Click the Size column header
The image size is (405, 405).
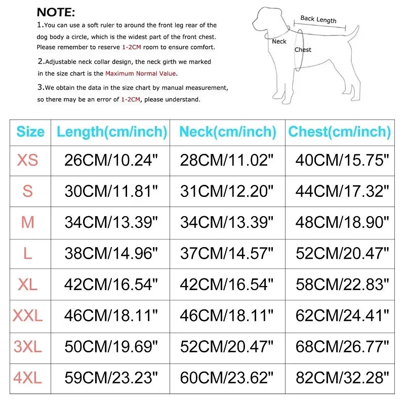point(30,132)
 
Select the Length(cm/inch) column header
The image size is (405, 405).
point(112,132)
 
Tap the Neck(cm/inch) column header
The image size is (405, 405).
point(228,132)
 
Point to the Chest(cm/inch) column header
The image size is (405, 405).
point(340,132)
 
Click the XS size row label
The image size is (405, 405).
point(28,160)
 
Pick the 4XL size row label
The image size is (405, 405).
point(28,378)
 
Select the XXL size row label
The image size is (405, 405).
point(28,316)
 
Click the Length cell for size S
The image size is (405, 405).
point(111,191)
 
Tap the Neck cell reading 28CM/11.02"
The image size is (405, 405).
point(227,160)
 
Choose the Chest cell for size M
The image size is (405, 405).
point(342,222)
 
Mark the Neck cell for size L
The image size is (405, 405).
point(227,253)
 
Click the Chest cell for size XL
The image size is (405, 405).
point(342,285)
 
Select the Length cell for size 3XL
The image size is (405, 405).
point(111,347)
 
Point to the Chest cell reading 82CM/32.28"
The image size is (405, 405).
point(342,378)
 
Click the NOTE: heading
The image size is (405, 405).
point(56,12)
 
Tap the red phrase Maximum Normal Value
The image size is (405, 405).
point(140,73)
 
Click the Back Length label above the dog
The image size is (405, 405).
point(318,19)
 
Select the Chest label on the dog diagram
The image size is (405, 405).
point(303,50)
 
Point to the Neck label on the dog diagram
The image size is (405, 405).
point(279,42)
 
